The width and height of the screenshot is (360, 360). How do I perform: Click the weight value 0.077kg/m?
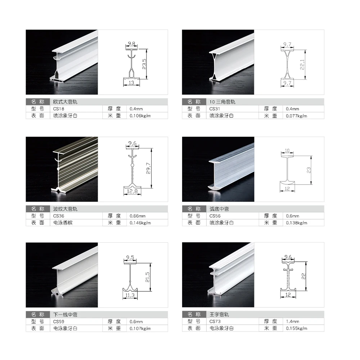[x=296, y=116]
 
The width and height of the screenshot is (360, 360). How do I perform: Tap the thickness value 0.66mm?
[x=138, y=216]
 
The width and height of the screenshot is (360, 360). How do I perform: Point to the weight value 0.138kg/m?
[x=296, y=223]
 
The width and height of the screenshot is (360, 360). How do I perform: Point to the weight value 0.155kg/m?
[x=296, y=328]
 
